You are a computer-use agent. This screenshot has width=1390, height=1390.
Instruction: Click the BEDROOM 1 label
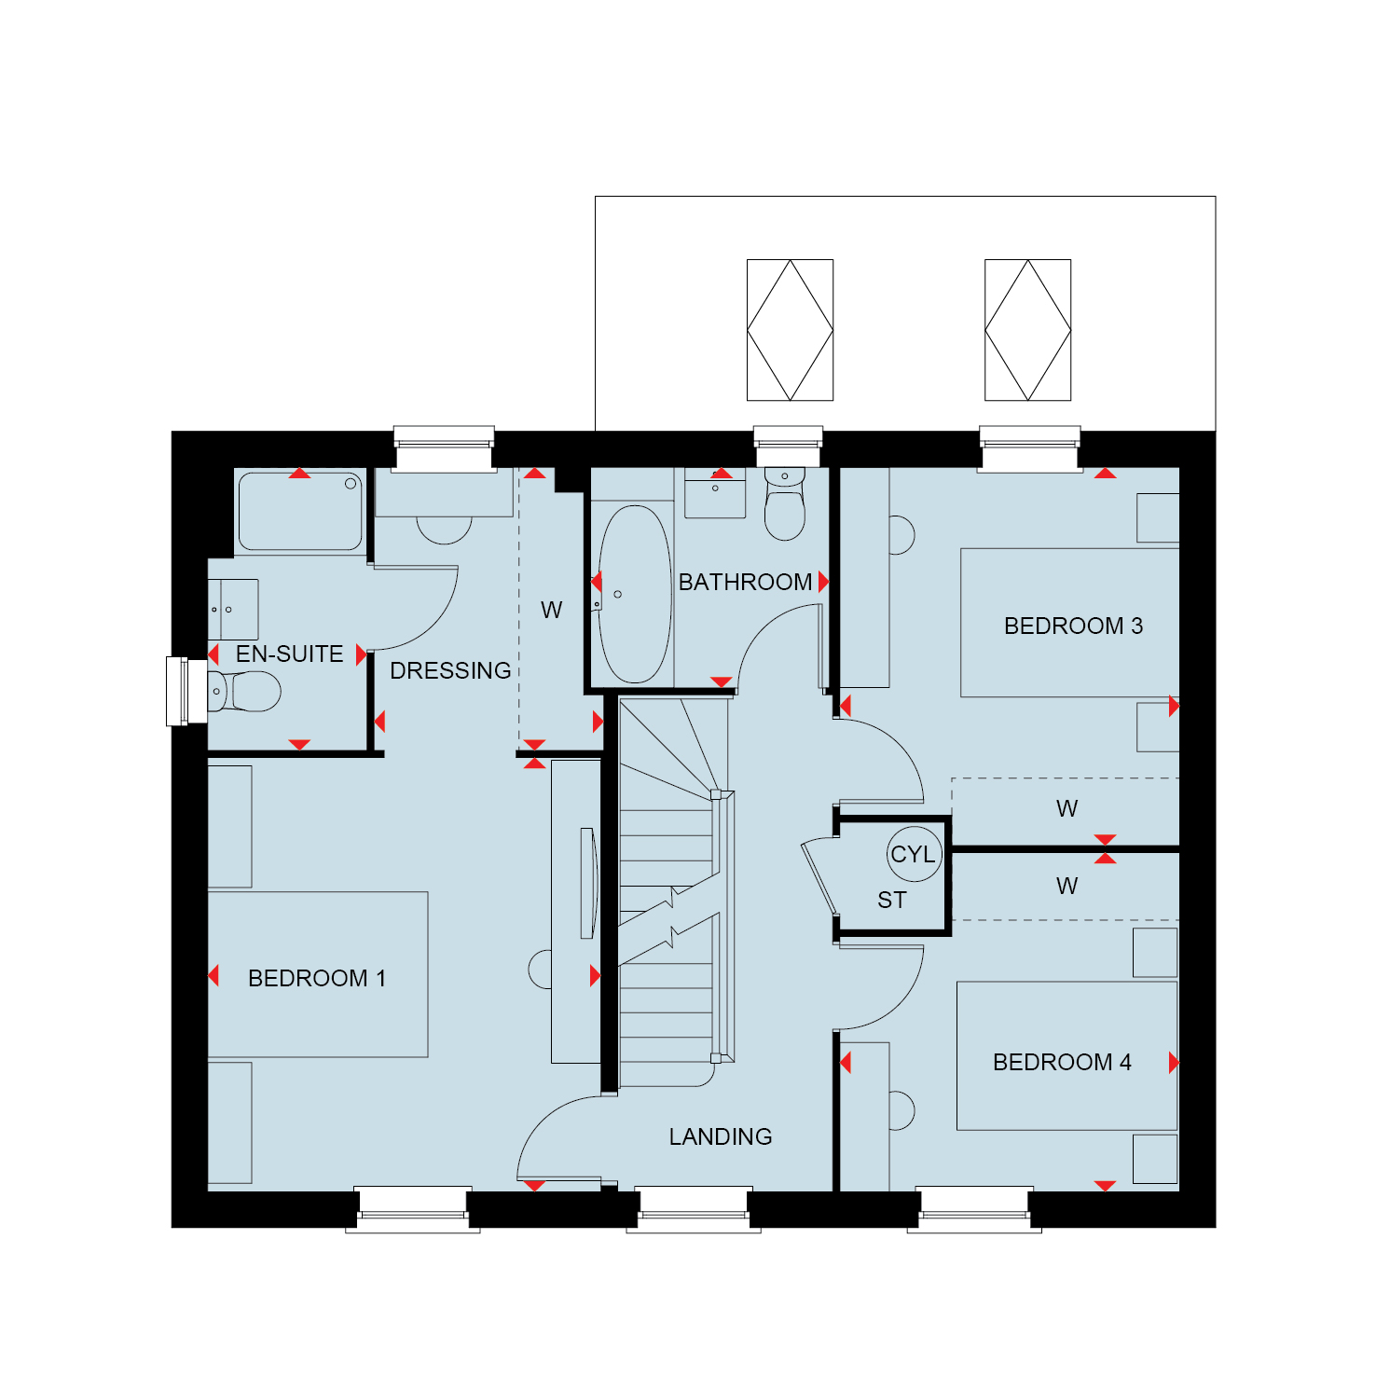coord(317,978)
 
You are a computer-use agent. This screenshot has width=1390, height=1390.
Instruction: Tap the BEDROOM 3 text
coord(1073,626)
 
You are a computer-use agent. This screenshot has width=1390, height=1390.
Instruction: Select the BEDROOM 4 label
coord(1062,1062)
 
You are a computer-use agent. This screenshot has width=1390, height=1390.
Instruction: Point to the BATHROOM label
coord(745,582)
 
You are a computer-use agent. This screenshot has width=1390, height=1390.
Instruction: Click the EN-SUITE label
coord(289,654)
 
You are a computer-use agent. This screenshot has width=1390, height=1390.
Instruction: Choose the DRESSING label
coord(450,670)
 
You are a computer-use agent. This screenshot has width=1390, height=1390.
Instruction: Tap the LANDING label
coord(721,1136)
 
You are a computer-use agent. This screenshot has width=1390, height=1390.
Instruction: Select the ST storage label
coord(891,900)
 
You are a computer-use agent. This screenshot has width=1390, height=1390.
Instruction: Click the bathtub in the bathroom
coord(635,594)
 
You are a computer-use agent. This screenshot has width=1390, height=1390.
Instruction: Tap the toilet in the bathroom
coord(785,503)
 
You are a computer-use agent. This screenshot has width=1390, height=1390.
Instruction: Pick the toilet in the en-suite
coord(244,692)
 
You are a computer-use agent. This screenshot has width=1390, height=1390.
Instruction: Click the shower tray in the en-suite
coord(300,511)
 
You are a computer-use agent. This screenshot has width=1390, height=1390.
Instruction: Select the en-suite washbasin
coord(233,609)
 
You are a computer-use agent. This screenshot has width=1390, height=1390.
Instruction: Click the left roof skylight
coord(790,330)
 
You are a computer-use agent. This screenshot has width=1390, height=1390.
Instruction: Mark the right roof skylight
coord(1027,330)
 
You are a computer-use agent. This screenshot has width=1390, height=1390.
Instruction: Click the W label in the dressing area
coord(551,611)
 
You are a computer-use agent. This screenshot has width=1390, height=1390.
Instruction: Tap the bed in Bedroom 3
coord(1070,623)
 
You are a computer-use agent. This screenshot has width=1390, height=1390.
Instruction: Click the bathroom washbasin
coord(715,492)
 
